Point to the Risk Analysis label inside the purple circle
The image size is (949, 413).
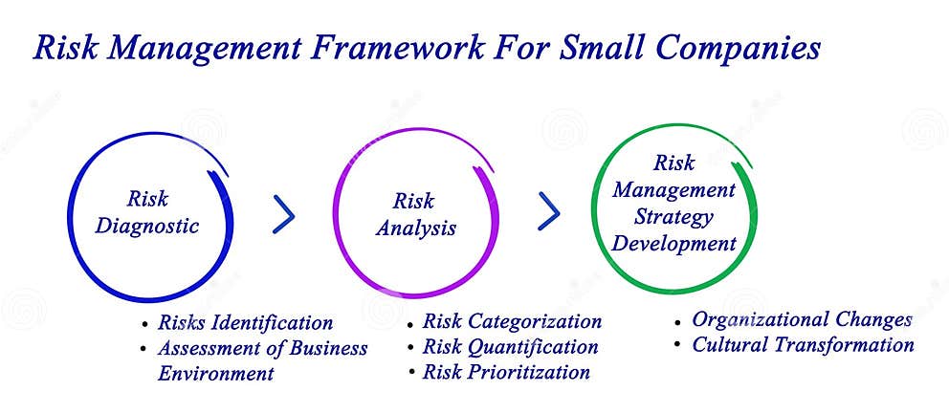click(x=414, y=215)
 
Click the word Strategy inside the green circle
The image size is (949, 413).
click(x=674, y=217)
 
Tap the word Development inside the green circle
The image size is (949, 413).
click(x=674, y=244)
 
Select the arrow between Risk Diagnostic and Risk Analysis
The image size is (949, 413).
click(x=283, y=215)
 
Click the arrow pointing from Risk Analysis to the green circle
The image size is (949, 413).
click(x=548, y=211)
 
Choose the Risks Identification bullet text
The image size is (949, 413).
click(x=246, y=323)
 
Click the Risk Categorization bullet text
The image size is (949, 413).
click(x=512, y=322)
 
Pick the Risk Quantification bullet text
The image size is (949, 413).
click(x=510, y=347)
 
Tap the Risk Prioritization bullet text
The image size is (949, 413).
click(x=506, y=372)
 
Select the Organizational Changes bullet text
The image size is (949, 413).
click(x=802, y=320)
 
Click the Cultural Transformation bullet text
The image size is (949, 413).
click(x=803, y=345)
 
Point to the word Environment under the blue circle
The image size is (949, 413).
click(x=216, y=373)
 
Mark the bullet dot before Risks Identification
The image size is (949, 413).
click(x=144, y=325)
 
